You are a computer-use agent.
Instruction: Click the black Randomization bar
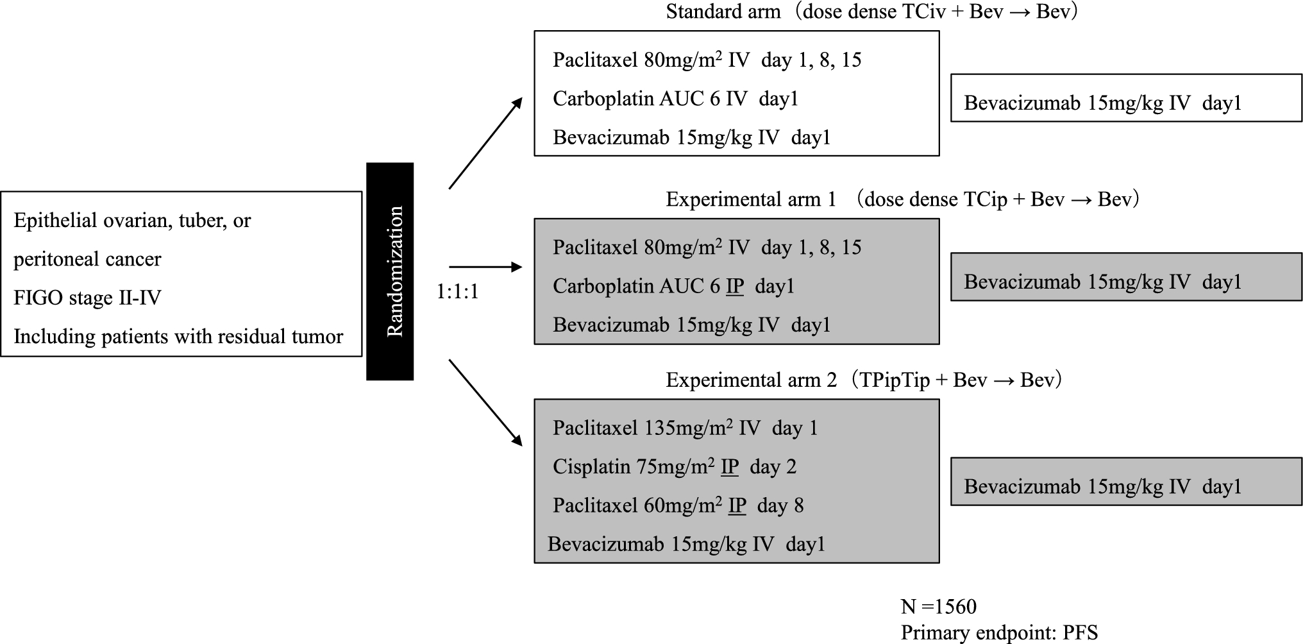click(390, 271)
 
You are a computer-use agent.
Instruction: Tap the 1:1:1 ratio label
click(457, 292)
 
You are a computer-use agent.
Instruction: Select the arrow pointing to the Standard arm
click(485, 144)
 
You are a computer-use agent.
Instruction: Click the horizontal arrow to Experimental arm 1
click(485, 267)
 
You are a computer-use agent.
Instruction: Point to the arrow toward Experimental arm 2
click(485, 402)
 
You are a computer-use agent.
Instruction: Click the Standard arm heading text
click(871, 12)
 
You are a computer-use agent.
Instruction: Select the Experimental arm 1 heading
click(902, 199)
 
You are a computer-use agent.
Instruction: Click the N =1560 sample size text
click(938, 606)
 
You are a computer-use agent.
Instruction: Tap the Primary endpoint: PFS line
click(999, 632)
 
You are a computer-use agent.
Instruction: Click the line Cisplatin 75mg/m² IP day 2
click(674, 467)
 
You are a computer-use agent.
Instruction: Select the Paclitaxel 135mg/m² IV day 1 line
click(685, 428)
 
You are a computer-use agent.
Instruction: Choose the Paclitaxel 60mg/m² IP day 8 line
click(678, 506)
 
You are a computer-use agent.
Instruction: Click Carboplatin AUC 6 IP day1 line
click(673, 286)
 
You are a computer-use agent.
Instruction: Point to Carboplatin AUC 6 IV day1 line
click(675, 99)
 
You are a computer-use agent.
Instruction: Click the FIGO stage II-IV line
click(87, 298)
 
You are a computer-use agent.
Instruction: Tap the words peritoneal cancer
click(87, 259)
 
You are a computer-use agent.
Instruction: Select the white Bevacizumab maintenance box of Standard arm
click(1126, 98)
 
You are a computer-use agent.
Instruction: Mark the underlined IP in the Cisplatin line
click(730, 467)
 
